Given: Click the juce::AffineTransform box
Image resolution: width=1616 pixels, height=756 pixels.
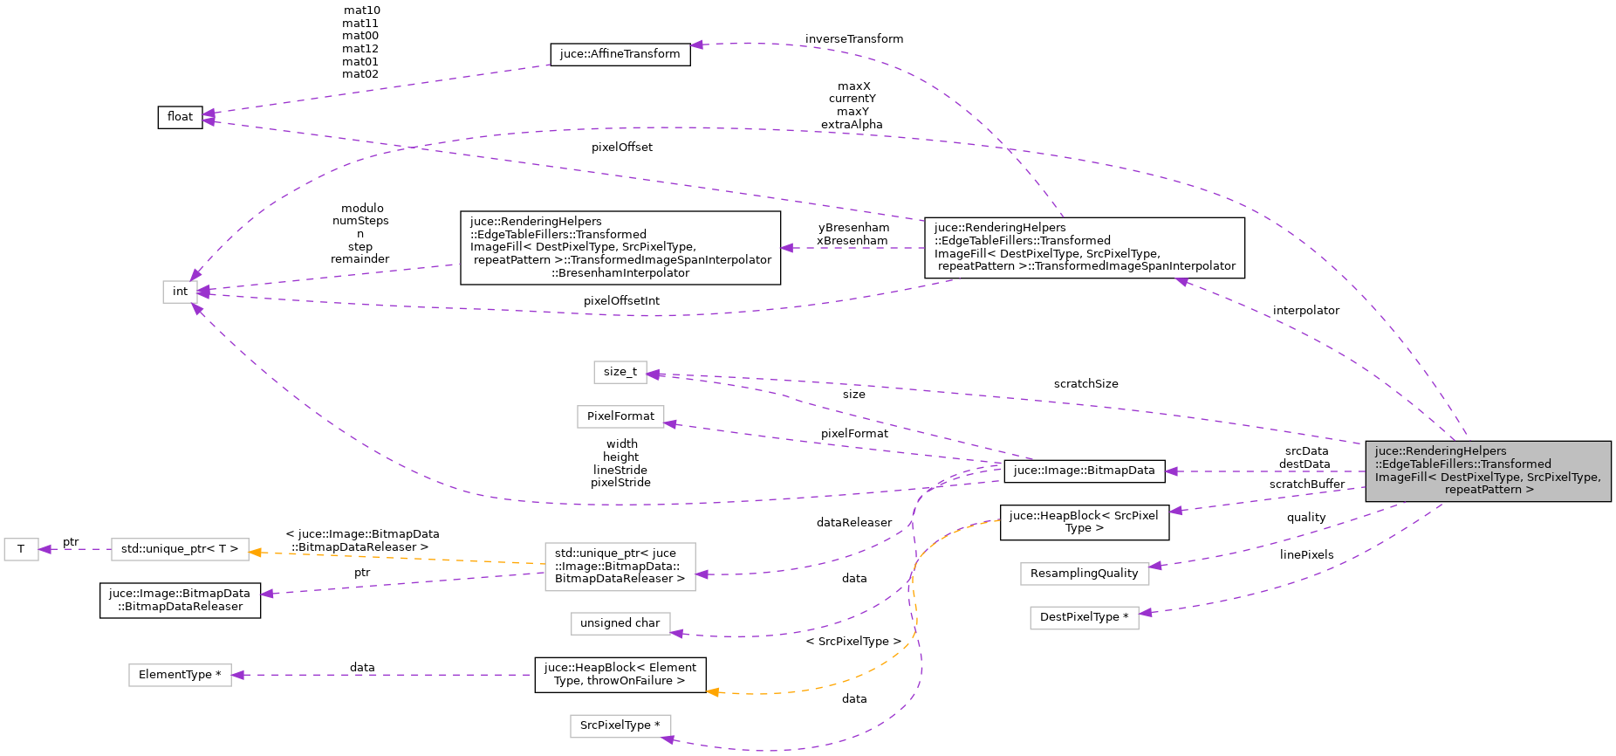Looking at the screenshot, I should click(x=620, y=54).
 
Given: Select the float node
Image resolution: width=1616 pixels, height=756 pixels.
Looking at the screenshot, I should click(x=180, y=117).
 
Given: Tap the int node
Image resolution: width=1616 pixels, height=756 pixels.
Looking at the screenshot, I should click(x=180, y=292).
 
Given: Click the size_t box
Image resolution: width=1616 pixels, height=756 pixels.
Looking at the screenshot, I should click(x=620, y=372).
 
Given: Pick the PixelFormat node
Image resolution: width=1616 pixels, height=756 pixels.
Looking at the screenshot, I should click(x=620, y=416).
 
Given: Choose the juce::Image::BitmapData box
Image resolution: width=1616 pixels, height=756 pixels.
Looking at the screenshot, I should click(x=1084, y=471).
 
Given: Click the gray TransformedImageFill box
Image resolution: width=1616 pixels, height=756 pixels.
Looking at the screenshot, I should click(x=1488, y=471).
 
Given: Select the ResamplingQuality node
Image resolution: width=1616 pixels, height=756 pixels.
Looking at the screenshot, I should click(x=1084, y=574).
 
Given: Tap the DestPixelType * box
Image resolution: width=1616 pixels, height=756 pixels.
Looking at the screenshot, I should click(x=1084, y=617).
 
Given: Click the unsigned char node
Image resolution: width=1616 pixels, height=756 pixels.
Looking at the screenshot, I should click(x=620, y=623).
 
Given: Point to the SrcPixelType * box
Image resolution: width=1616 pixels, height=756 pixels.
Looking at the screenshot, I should click(x=620, y=725).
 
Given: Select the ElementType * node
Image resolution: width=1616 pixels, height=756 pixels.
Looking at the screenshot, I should click(x=180, y=675).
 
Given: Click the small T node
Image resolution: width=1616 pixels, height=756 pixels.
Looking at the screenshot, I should click(x=21, y=549).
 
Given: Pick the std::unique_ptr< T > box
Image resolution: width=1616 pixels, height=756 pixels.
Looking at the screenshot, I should click(x=180, y=549).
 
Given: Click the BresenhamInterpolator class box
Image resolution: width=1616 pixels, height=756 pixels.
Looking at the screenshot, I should click(x=620, y=247).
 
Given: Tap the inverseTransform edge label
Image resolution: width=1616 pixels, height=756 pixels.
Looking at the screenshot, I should click(x=853, y=39).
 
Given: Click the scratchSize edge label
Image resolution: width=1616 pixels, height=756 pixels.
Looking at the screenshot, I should click(x=1085, y=384).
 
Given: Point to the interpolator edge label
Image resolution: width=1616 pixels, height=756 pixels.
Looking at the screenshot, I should click(x=1305, y=311).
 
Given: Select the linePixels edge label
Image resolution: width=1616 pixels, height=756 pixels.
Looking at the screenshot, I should click(x=1306, y=555).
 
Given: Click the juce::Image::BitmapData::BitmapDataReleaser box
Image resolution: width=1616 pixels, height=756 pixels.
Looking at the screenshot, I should click(x=180, y=600).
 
